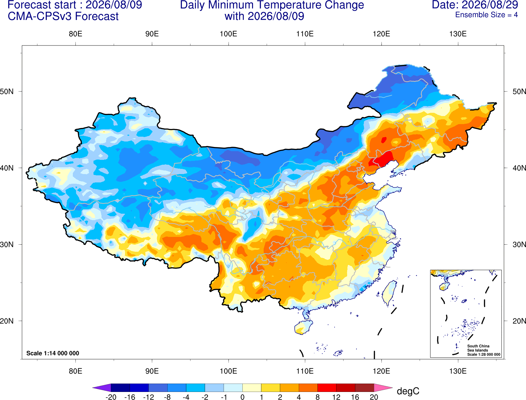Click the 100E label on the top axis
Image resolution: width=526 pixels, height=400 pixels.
click(229, 34)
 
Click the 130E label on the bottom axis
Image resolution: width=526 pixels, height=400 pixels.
click(458, 371)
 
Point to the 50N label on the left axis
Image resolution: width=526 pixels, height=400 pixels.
click(7, 91)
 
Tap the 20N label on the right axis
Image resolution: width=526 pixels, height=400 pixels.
click(519, 321)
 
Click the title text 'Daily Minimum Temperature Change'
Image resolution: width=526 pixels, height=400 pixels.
click(272, 5)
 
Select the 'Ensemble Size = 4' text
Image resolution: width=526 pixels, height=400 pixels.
click(486, 15)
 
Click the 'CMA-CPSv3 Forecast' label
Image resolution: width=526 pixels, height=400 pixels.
click(63, 16)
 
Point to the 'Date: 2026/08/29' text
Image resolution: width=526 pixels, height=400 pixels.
click(475, 5)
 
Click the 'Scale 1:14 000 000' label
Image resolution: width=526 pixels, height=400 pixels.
click(53, 353)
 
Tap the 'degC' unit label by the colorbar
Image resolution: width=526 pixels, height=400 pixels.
click(408, 391)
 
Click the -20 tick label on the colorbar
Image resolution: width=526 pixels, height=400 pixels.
click(111, 397)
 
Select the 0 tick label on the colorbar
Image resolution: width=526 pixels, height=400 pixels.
click(242, 397)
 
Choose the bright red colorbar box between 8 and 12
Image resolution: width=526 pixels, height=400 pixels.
click(327, 387)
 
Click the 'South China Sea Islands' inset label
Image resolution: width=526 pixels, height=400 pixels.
click(478, 348)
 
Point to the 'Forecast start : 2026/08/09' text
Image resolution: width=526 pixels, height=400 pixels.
click(75, 5)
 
